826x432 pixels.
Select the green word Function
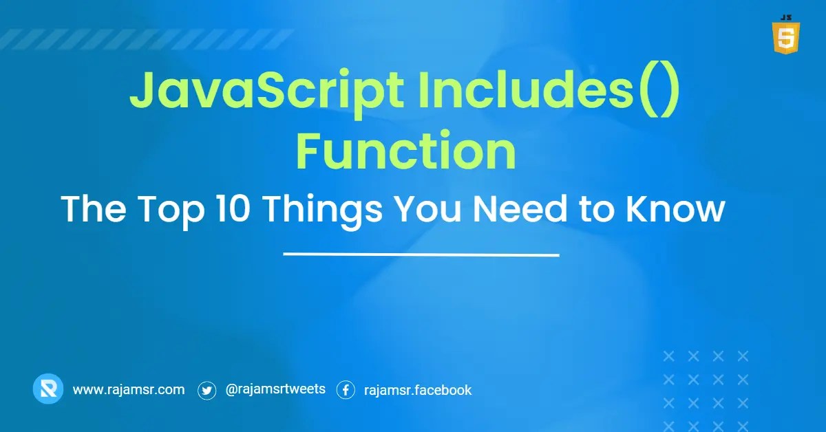406,152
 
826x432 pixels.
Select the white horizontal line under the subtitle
421,255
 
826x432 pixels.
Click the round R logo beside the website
48,389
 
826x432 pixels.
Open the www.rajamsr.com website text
129,389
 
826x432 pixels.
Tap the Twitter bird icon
207,390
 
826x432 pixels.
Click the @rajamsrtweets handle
275,389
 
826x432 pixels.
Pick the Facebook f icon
346,390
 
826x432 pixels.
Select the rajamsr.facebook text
418,389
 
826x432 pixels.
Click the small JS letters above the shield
785,15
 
